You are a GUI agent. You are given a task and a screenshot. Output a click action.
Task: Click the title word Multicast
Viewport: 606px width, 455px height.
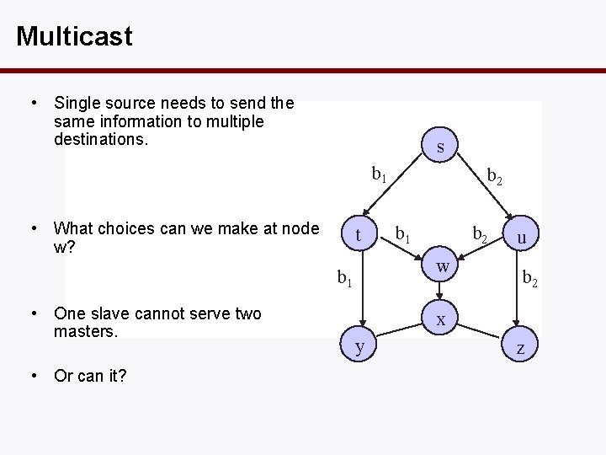(x=74, y=36)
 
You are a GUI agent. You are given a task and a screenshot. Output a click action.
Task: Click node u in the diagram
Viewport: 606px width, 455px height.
(x=522, y=238)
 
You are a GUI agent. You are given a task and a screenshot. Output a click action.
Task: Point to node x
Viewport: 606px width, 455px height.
(x=440, y=321)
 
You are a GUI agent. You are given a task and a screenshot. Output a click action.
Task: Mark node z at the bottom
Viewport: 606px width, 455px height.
(x=522, y=348)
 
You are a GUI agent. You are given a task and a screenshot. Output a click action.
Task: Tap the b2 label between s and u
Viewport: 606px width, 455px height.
(x=496, y=176)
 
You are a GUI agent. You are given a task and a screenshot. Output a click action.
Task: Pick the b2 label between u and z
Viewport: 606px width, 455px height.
(x=529, y=276)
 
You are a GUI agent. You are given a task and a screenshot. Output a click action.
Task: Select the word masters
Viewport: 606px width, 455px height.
(x=86, y=331)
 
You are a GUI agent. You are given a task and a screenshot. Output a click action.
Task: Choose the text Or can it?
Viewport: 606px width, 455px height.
(x=90, y=375)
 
